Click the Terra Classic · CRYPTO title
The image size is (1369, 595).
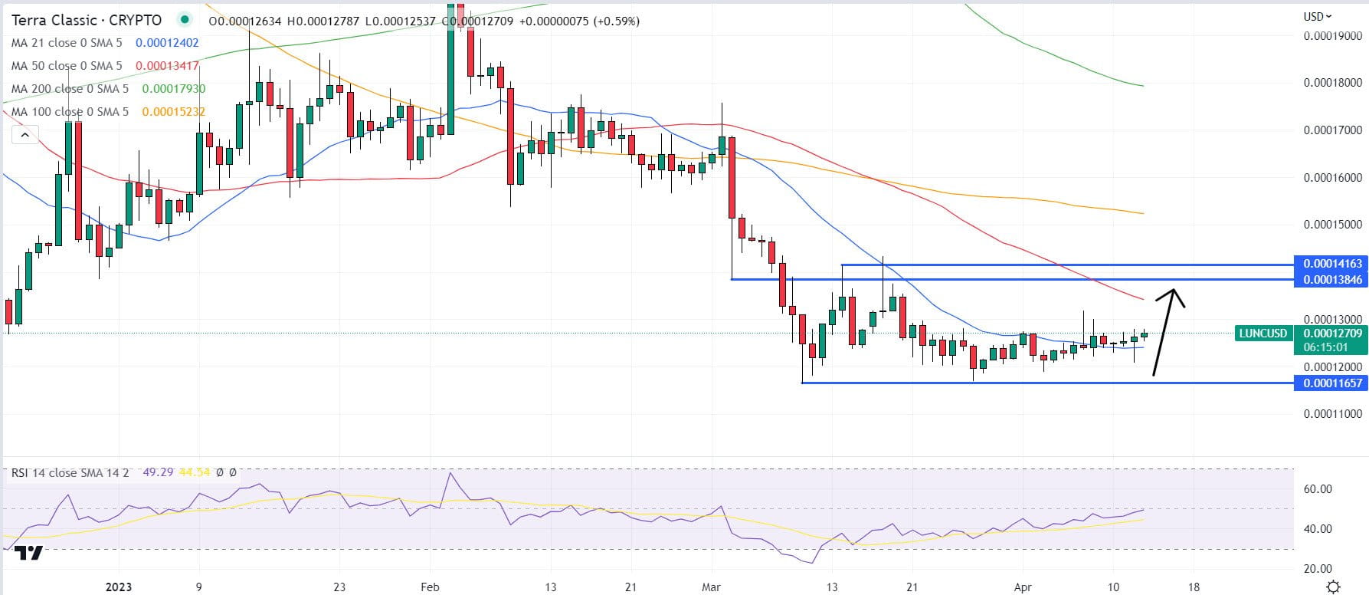tap(87, 20)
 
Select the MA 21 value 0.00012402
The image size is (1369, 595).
tap(167, 43)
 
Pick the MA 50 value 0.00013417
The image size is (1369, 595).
tap(167, 66)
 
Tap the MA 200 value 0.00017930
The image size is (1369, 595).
tap(174, 89)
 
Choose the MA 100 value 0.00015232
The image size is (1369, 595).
tap(174, 112)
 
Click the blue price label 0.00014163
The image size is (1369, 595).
tap(1332, 264)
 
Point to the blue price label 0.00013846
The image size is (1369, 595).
tap(1332, 280)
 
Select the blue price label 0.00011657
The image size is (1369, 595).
tap(1332, 383)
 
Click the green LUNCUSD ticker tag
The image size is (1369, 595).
tap(1263, 334)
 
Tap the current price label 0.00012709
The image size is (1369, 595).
tap(1332, 334)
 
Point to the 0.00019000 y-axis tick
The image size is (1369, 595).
tap(1332, 35)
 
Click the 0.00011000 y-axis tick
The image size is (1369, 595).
tap(1332, 414)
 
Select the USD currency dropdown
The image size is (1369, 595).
tap(1317, 16)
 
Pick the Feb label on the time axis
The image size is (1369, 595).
tap(431, 587)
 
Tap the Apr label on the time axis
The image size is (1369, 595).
tap(1022, 587)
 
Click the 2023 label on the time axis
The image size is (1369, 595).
tap(119, 587)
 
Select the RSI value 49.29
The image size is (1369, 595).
tap(158, 472)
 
